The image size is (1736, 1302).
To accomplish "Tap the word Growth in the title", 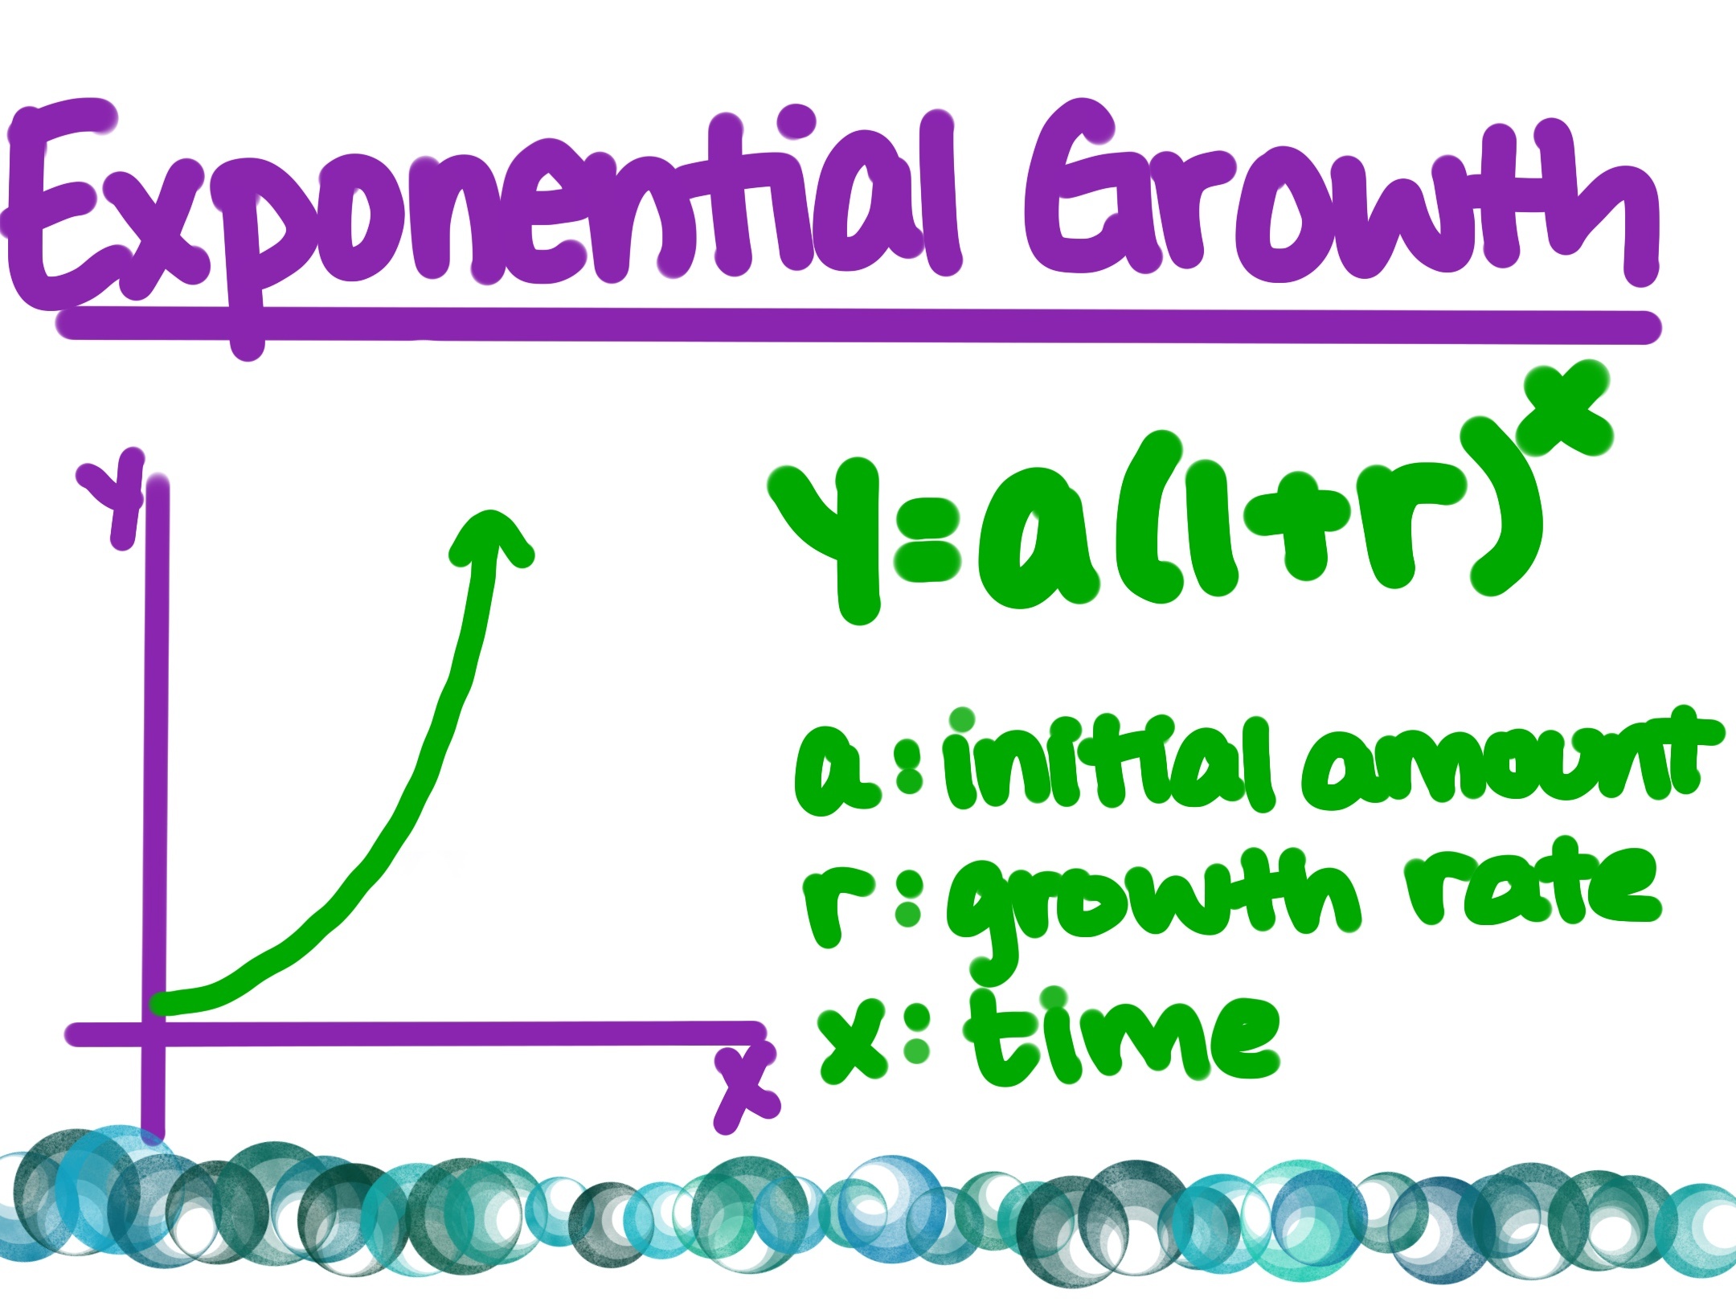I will coord(1334,201).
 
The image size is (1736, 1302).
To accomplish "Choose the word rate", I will coord(1531,892).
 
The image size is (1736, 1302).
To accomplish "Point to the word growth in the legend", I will coord(1149,904).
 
